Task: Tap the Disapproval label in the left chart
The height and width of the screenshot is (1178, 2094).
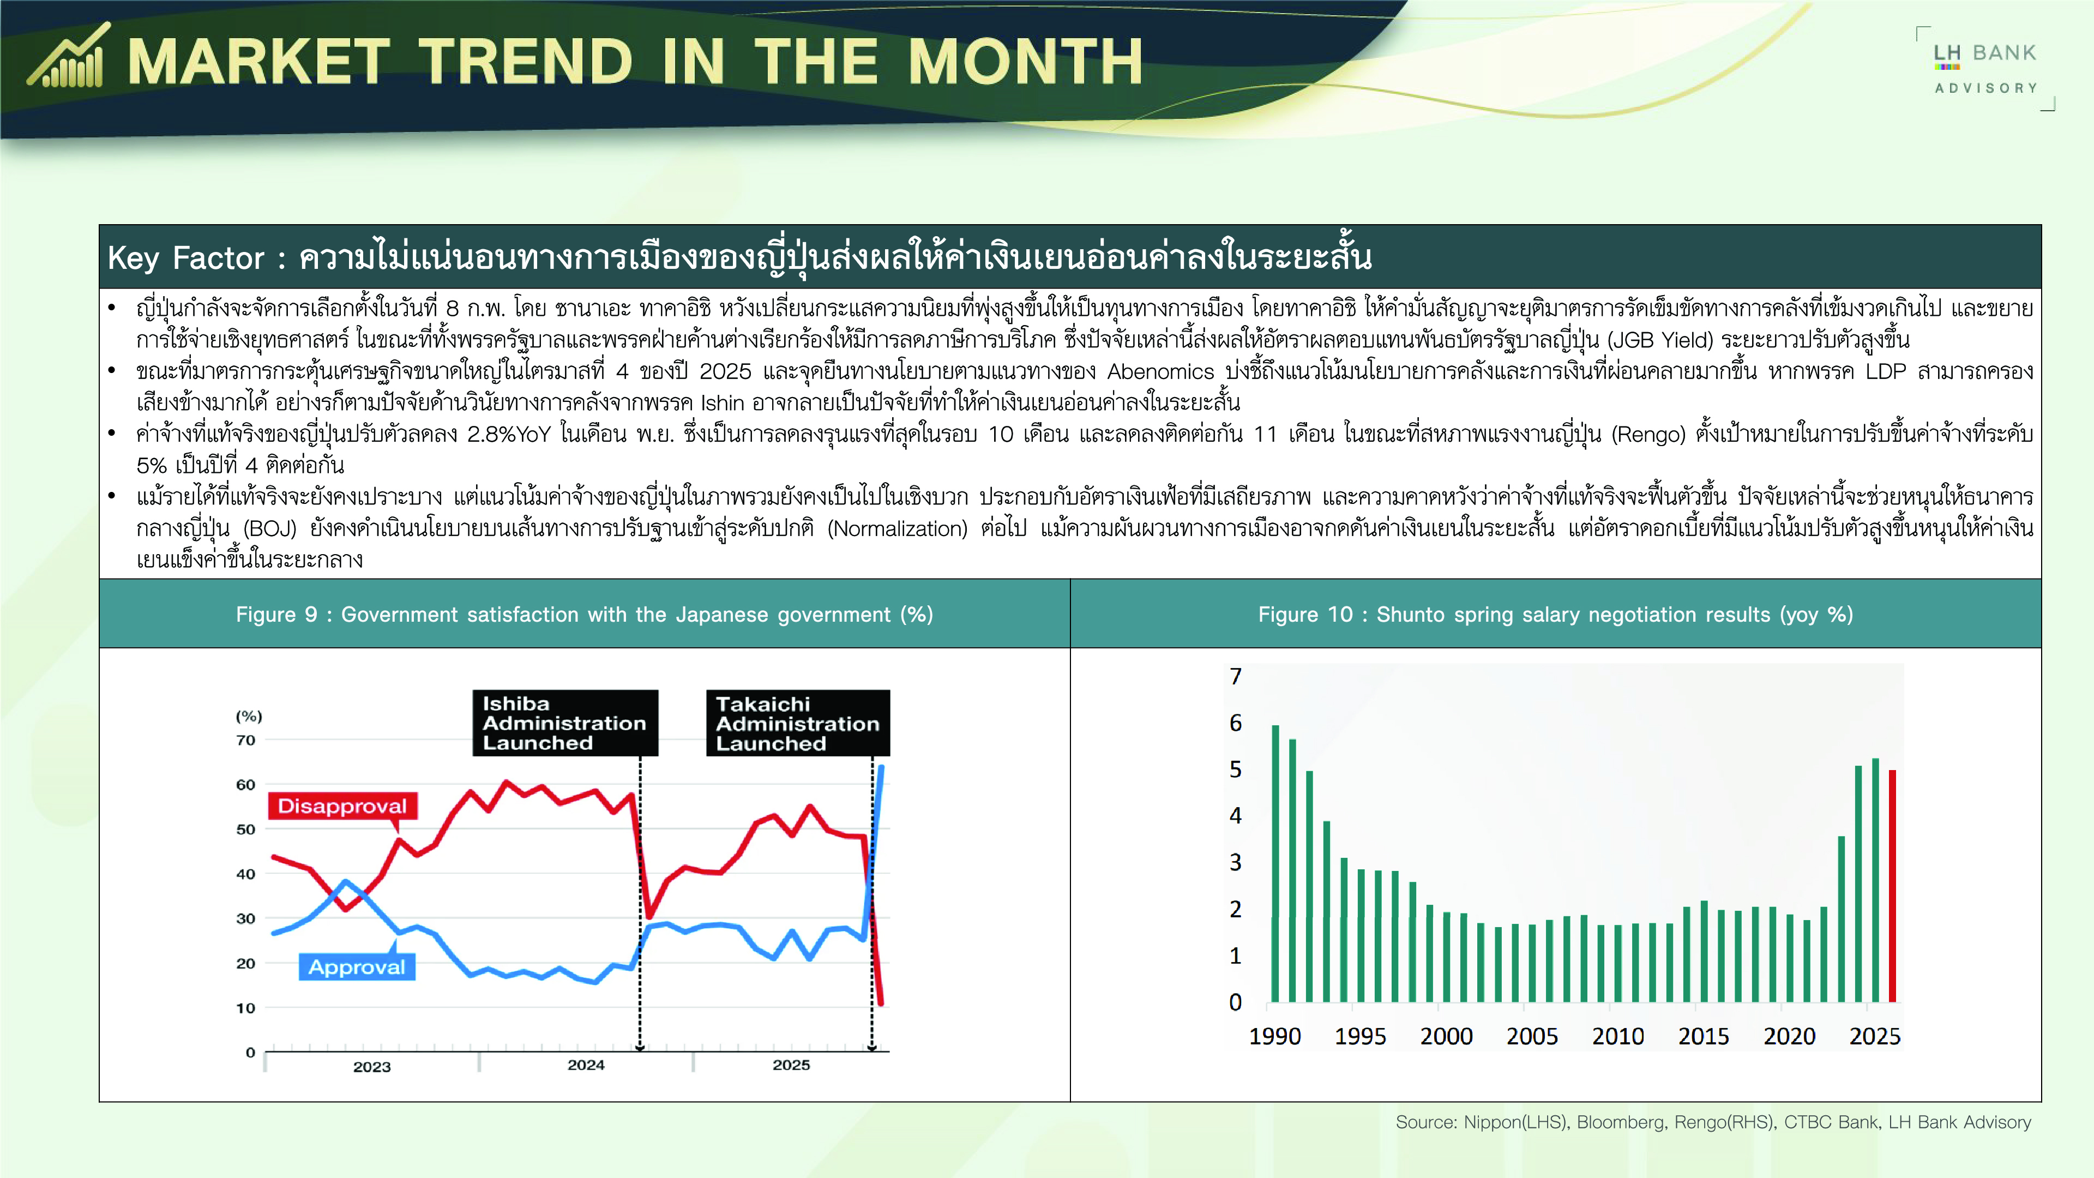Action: point(342,806)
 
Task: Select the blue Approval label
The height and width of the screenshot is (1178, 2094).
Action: point(357,966)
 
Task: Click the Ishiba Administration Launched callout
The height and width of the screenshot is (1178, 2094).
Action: point(565,723)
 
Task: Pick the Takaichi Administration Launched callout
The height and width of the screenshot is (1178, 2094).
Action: point(797,723)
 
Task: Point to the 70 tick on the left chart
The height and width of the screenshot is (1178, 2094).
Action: point(245,740)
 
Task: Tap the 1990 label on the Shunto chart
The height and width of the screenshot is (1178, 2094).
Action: point(1274,1037)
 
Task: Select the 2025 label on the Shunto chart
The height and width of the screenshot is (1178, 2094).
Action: point(1875,1037)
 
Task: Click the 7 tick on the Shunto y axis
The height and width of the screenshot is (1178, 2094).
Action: point(1236,676)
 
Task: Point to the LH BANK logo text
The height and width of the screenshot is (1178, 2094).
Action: point(1984,53)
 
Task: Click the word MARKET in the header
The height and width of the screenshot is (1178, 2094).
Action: point(258,62)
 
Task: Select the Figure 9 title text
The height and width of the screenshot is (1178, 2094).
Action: point(585,615)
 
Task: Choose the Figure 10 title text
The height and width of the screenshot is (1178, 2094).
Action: point(1556,615)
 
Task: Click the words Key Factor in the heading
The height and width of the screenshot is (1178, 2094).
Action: point(186,258)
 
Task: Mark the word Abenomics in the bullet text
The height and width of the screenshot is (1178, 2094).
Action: point(1160,371)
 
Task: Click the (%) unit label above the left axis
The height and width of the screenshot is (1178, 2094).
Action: point(249,716)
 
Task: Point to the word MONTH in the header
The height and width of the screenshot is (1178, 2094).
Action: point(1025,62)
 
